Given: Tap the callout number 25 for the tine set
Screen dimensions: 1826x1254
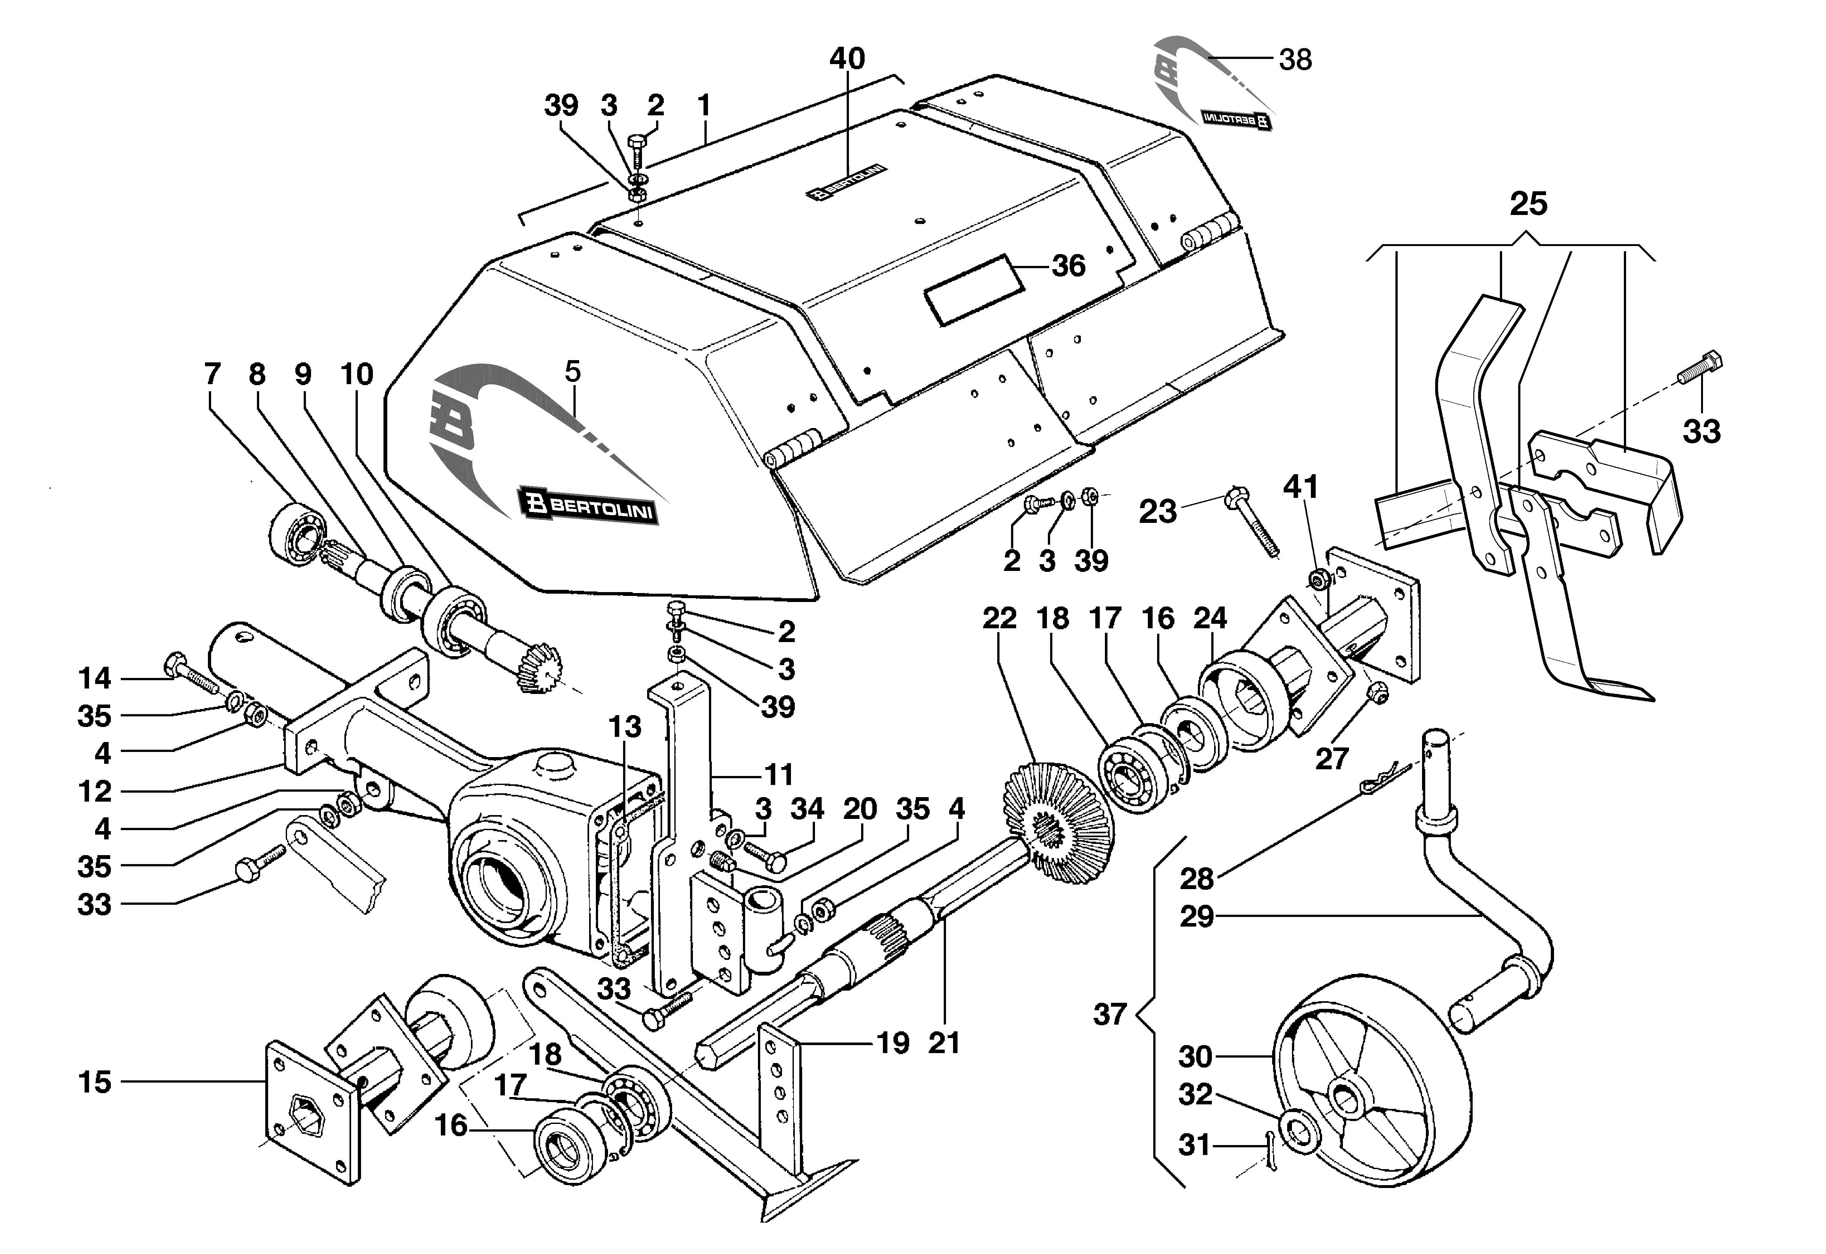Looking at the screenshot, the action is tap(1528, 203).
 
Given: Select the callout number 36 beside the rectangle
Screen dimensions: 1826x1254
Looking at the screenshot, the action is tap(1069, 266).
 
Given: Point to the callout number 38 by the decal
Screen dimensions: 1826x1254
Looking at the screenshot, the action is tap(1295, 60).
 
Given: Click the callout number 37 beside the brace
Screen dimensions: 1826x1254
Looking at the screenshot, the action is tap(1110, 1014).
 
